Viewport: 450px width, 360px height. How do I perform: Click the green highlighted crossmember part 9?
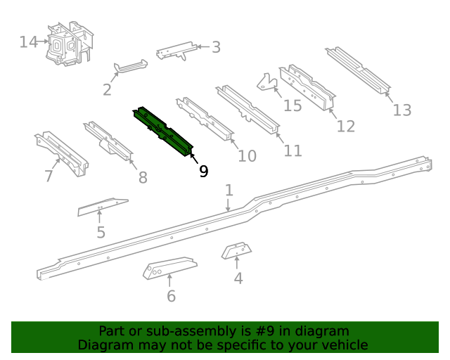tap(163, 131)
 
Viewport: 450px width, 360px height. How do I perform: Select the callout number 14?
tap(28, 42)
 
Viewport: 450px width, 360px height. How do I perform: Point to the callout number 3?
tap(216, 47)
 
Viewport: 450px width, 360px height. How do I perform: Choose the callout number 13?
tap(401, 110)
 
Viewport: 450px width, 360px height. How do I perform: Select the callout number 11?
tap(292, 150)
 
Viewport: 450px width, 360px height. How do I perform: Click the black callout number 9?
tap(203, 171)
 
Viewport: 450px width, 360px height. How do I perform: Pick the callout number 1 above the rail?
tap(229, 190)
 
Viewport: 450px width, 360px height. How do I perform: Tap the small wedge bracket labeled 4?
tap(238, 250)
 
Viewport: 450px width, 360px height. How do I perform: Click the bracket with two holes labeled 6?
tap(169, 268)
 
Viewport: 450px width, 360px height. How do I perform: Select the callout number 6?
tap(171, 296)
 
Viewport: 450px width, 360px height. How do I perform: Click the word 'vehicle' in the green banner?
tap(345, 345)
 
